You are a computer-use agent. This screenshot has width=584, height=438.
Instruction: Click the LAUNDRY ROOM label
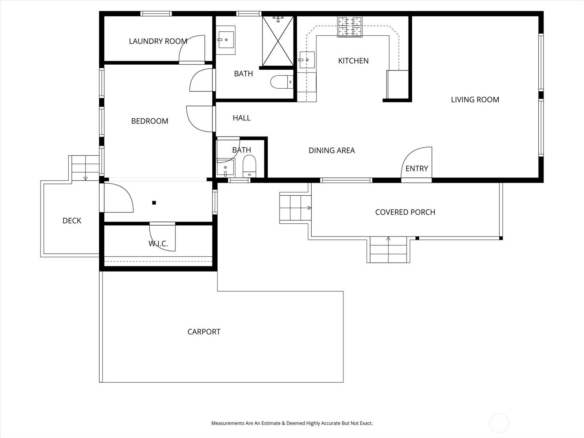coord(158,41)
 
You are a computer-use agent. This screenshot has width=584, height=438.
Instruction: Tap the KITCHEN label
coord(353,61)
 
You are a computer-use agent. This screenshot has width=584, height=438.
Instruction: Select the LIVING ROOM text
coord(475,100)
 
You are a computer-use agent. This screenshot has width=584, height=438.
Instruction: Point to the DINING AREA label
coord(331,150)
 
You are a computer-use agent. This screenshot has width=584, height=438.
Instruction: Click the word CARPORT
coord(204,332)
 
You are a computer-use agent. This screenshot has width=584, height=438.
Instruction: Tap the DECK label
coord(72,221)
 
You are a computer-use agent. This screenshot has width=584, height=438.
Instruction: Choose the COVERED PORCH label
coord(405,212)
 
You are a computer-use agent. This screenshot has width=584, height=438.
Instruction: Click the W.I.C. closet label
coord(158,243)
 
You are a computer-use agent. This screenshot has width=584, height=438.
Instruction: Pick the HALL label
coord(242,118)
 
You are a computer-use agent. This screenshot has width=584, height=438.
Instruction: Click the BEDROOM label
coord(150,121)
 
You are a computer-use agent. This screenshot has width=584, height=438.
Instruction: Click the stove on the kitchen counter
coord(350,27)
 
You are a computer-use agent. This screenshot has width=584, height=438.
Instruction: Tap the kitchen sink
coord(307,60)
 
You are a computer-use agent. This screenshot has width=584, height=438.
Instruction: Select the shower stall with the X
coord(278,41)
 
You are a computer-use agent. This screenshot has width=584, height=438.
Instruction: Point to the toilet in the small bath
coord(249,166)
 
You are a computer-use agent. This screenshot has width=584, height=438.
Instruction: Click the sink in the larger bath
coord(226,40)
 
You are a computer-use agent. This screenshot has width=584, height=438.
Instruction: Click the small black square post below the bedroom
coord(154,203)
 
